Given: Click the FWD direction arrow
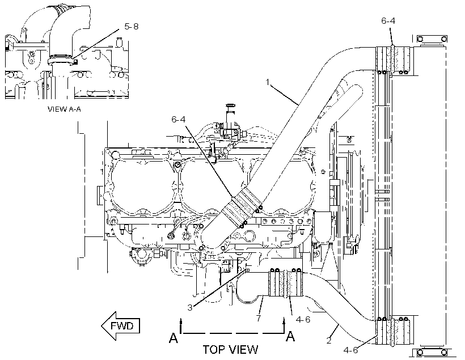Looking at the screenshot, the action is tap(120, 326).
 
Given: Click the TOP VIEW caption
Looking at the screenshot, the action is tap(230, 350).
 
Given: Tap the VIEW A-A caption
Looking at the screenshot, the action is tap(64, 109).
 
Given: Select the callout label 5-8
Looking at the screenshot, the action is tap(132, 27).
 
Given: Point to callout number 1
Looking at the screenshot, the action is tap(268, 82).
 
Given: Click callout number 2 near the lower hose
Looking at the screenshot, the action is tap(329, 341).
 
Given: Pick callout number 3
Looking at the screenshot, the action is tap(190, 308).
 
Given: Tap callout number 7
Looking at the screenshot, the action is tap(259, 319).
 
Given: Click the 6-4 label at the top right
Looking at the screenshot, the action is tap(388, 21).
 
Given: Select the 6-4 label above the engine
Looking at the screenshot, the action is tap(179, 119).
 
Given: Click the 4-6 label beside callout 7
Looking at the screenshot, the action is tap(303, 320).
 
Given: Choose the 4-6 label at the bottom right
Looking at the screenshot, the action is tap(350, 350).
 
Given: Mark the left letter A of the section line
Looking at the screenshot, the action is tap(174, 337).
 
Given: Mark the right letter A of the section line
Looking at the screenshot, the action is tap(290, 336).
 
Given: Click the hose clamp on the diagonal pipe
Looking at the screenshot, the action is tap(242, 209).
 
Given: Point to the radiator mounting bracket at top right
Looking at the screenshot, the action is tap(432, 39).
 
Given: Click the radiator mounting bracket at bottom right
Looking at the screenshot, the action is tap(432, 352).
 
